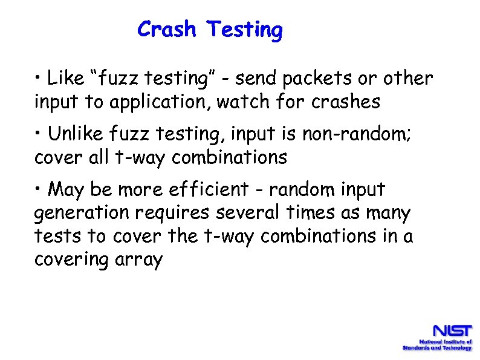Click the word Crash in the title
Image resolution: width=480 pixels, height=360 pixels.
tap(167, 29)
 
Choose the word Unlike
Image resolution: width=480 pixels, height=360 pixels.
tap(75, 134)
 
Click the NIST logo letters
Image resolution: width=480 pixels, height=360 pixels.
tap(451, 331)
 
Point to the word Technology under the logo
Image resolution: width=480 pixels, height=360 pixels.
tap(456, 348)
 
